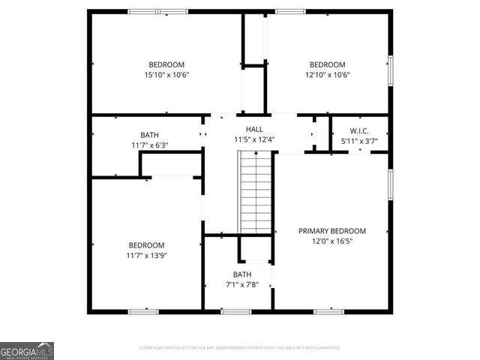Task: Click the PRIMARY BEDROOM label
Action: (x=331, y=231)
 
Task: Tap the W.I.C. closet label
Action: (x=358, y=130)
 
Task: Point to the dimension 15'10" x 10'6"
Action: (x=166, y=75)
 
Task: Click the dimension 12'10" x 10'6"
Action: (x=328, y=75)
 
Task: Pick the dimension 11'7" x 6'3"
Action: (x=149, y=145)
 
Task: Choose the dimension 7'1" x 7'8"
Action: (x=242, y=284)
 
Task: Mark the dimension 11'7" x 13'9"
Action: (x=145, y=256)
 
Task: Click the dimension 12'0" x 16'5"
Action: (x=331, y=241)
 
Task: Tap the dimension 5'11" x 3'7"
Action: (x=358, y=140)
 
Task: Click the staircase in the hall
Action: (x=255, y=192)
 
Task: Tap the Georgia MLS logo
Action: (x=27, y=350)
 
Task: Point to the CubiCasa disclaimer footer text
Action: (x=240, y=348)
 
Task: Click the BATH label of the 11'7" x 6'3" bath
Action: (x=149, y=135)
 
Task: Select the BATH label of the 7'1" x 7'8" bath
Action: (x=242, y=274)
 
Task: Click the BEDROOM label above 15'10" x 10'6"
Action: (x=166, y=64)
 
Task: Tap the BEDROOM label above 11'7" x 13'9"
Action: (x=145, y=245)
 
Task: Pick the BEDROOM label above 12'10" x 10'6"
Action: (x=328, y=64)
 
